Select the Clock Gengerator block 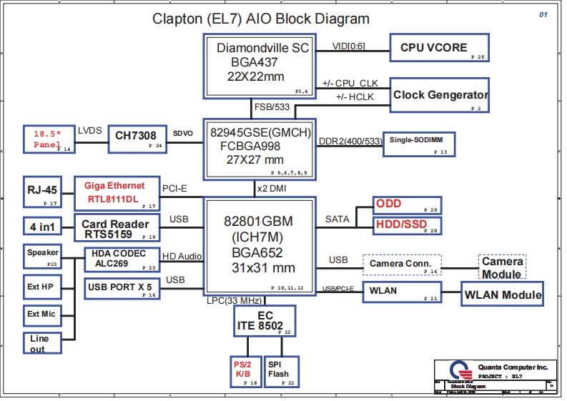click(440, 95)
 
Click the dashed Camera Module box click(502, 267)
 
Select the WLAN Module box click(503, 294)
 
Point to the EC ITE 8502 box click(265, 322)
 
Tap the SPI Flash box click(278, 370)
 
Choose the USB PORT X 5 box click(121, 288)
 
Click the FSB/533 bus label click(271, 109)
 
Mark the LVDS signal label click(89, 130)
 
